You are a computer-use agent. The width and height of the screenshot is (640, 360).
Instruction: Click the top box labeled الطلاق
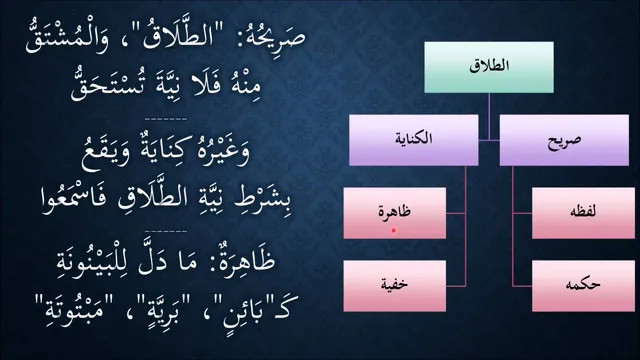click(489, 67)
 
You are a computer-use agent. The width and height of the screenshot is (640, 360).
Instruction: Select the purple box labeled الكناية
click(413, 140)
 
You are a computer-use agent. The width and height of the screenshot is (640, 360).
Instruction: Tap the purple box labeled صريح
click(564, 140)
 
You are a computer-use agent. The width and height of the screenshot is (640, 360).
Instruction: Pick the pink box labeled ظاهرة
click(395, 213)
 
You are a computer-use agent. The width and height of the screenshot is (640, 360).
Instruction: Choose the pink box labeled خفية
click(395, 286)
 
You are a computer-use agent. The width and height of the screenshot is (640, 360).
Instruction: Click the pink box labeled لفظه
click(583, 213)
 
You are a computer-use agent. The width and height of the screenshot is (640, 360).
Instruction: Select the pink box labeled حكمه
click(583, 286)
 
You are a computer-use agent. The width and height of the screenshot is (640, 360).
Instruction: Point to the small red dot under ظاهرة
click(393, 231)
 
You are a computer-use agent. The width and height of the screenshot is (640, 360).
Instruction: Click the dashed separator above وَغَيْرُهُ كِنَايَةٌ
click(166, 119)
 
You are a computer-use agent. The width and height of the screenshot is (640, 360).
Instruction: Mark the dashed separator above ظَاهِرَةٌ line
click(166, 231)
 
